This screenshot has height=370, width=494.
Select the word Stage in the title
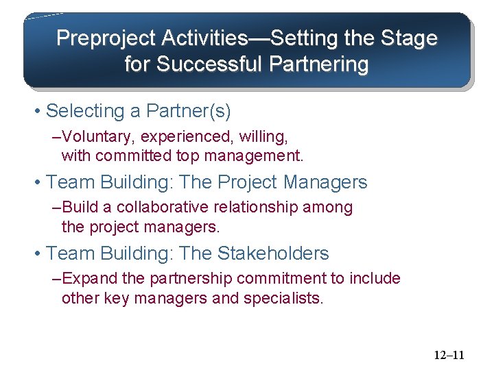(409, 38)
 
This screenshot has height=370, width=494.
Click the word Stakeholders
(273, 254)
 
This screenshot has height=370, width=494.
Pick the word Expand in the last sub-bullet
(82, 279)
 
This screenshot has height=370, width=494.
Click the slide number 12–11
(449, 355)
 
